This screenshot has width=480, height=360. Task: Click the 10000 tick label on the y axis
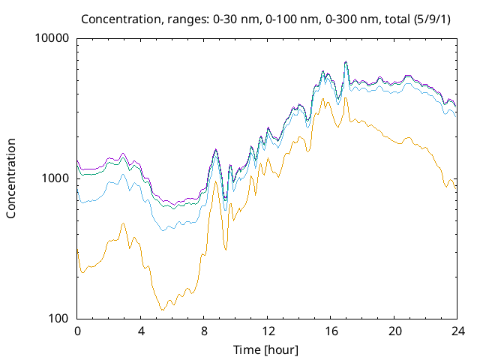[x=52, y=39]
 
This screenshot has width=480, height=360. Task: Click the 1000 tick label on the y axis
[x=55, y=178]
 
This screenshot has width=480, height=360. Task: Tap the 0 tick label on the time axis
[x=77, y=331]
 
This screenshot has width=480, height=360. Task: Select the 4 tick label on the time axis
[x=141, y=331]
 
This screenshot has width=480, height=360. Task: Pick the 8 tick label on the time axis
[x=204, y=331]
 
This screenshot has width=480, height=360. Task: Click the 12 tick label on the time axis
[x=268, y=331]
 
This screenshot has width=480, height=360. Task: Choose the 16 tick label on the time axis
[x=331, y=331]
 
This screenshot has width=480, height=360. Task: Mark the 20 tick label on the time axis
[x=394, y=331]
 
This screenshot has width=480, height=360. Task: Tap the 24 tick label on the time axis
[x=457, y=331]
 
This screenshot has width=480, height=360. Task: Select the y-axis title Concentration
[x=11, y=178]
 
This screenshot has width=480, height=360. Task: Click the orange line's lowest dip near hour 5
[x=162, y=310]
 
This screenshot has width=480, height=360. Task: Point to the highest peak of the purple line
[x=346, y=61]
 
